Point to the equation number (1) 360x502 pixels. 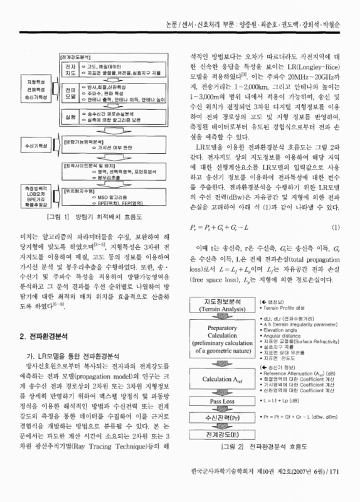[x=336, y=243]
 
